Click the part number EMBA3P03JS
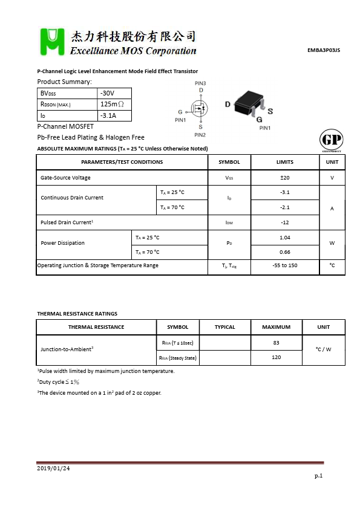coord(324,51)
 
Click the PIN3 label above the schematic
coord(200,83)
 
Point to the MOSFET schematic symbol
coord(200,109)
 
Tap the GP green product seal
coord(330,141)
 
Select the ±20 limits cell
coord(284,178)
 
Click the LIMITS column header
coord(284,162)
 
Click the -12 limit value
coord(284,222)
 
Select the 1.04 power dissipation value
coord(284,238)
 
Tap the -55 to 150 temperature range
coord(284,265)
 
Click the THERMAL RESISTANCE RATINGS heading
coord(77,314)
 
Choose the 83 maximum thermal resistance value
coord(276,343)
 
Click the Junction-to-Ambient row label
coord(67,349)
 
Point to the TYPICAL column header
coord(225,327)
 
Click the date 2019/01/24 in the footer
coord(53,468)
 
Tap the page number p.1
coord(318,476)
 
